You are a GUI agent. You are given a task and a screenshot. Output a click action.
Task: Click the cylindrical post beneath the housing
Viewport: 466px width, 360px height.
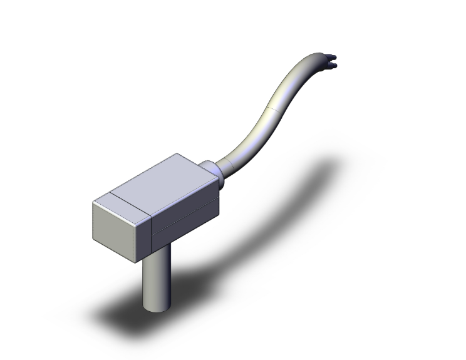pyautogui.click(x=156, y=275)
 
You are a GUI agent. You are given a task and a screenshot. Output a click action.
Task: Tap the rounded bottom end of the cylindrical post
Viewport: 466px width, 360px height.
pyautogui.click(x=156, y=307)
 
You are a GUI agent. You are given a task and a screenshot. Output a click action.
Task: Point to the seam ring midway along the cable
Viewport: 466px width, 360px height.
pyautogui.click(x=269, y=106)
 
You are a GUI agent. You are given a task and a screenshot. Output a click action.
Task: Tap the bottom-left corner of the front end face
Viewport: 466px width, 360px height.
pyautogui.click(x=95, y=240)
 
